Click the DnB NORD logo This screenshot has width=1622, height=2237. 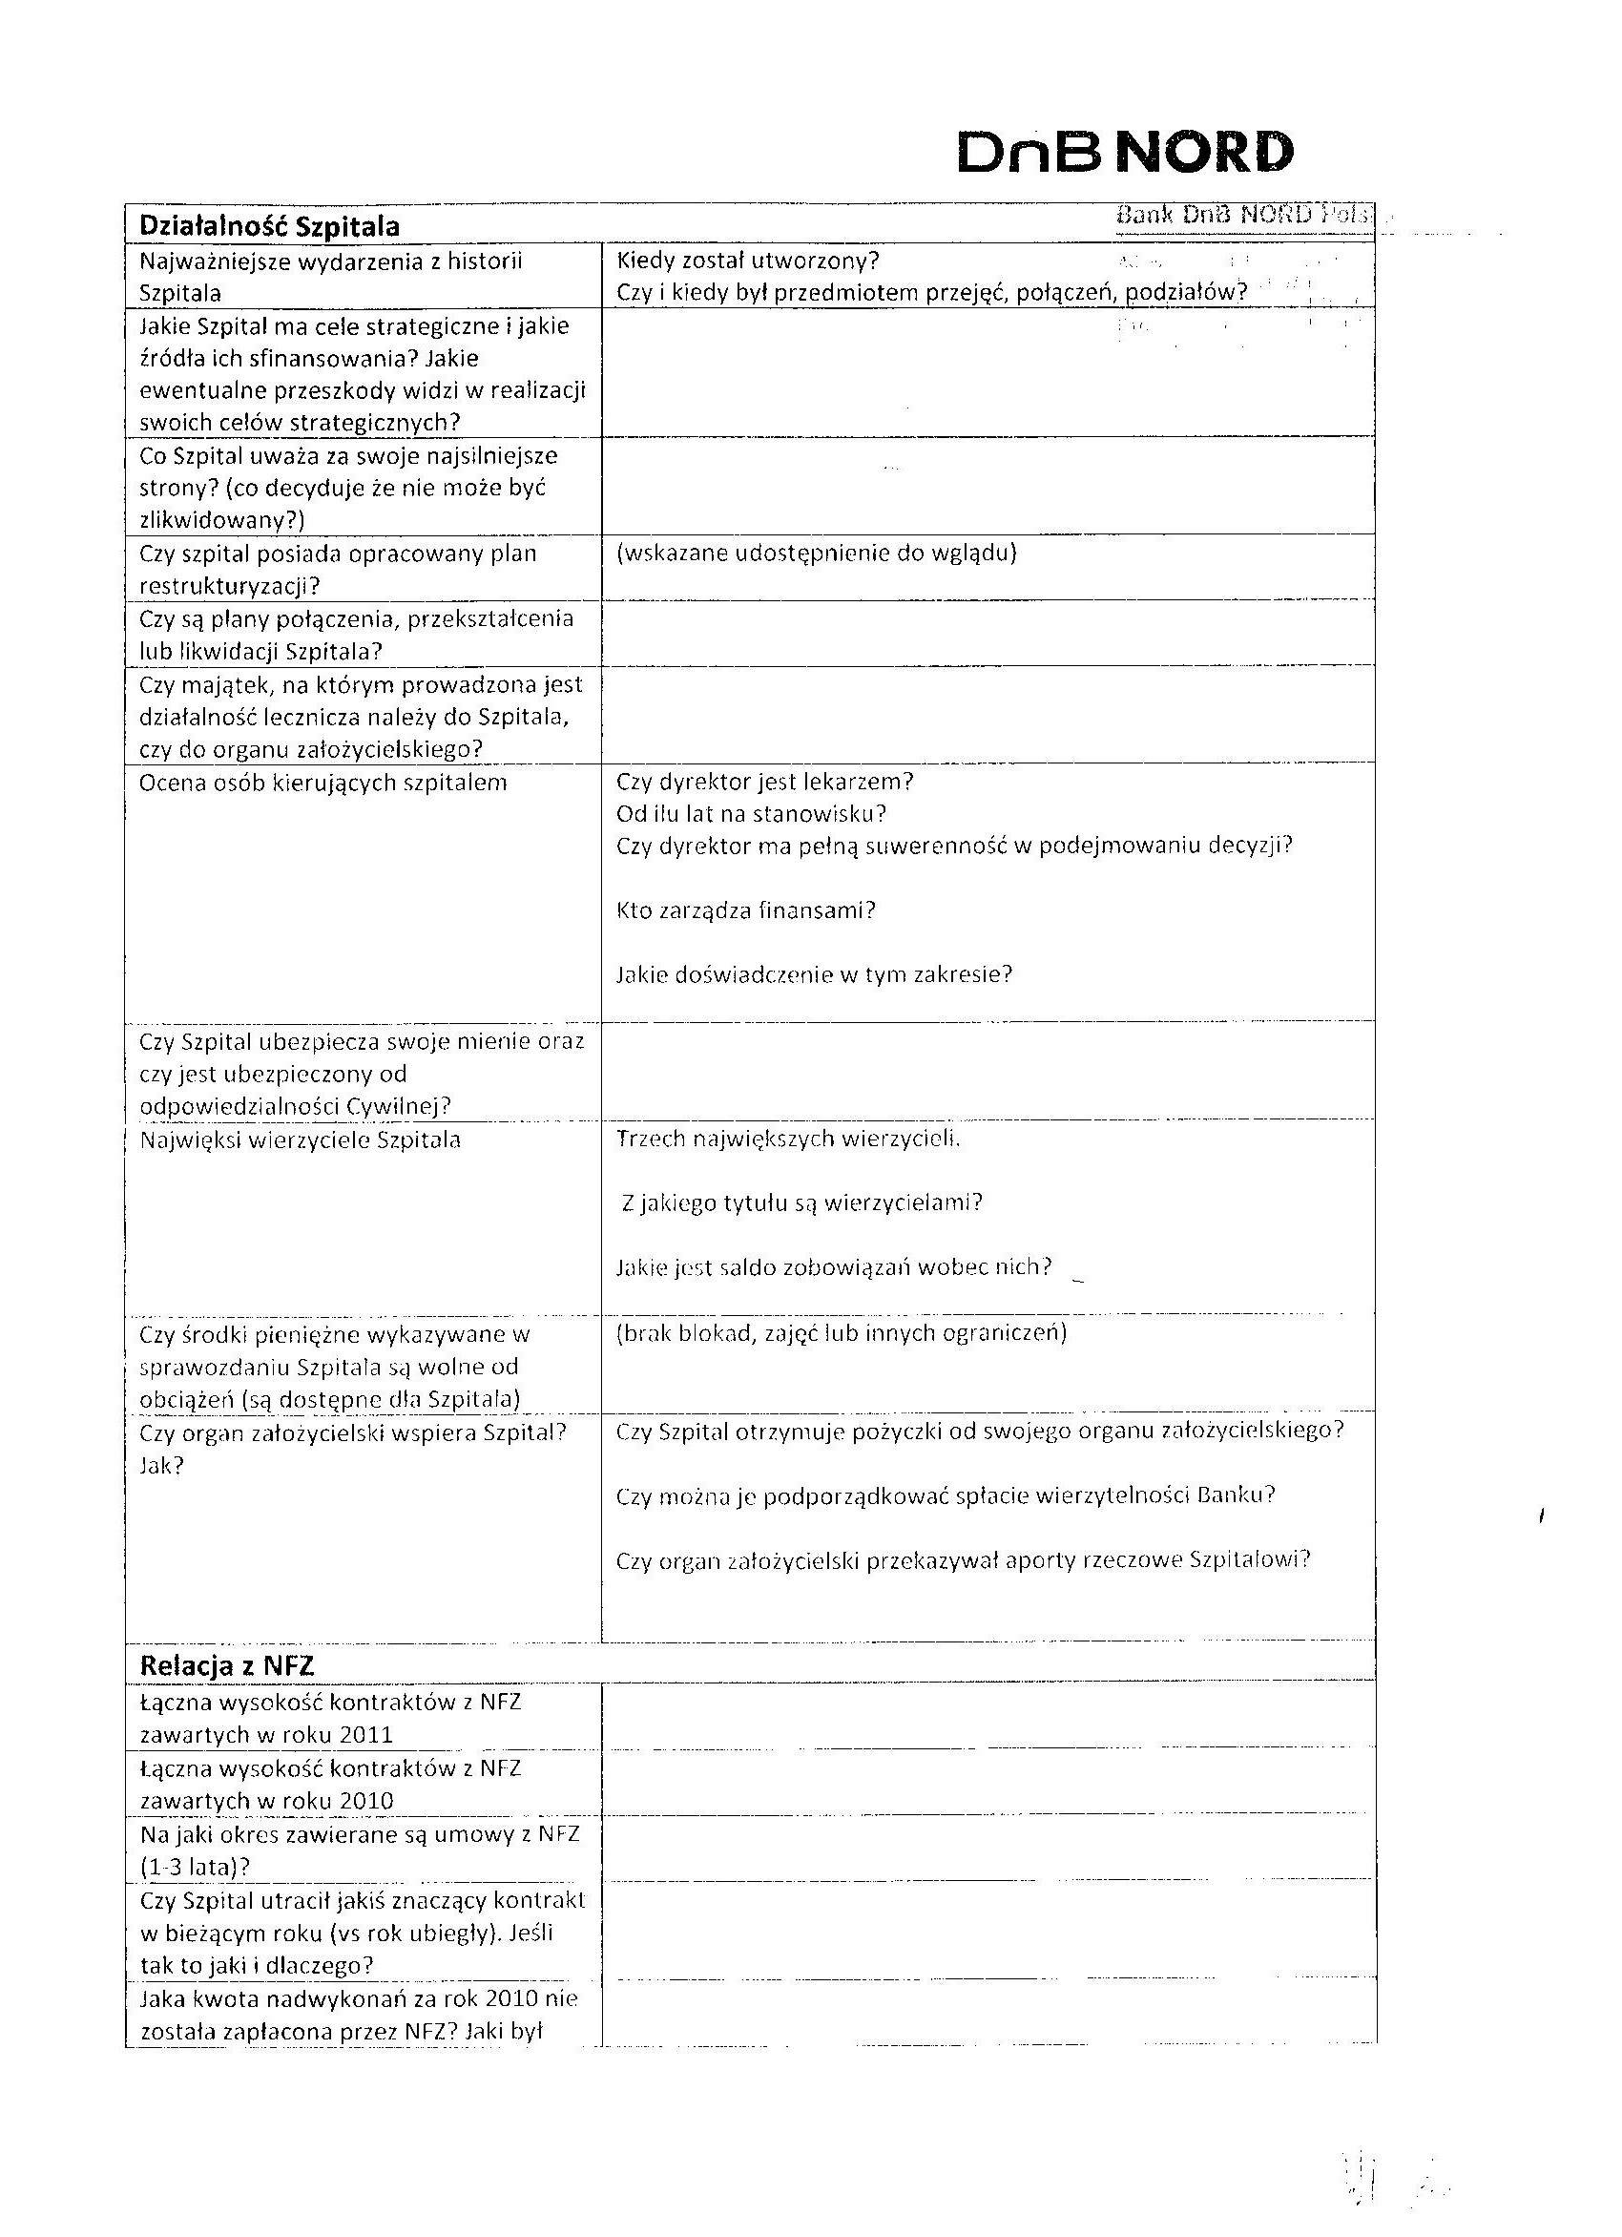point(1124,152)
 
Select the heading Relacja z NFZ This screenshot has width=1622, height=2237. point(227,1665)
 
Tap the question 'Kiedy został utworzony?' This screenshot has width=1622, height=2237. point(747,261)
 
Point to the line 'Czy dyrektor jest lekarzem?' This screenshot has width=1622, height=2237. point(764,782)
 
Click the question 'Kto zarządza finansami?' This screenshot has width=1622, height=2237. point(745,909)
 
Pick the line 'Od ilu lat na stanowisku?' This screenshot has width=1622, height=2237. point(751,814)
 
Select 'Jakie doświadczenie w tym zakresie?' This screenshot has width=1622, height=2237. point(815,974)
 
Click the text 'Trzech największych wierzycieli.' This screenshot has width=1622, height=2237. point(788,1139)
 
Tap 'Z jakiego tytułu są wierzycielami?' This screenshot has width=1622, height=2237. point(802,1202)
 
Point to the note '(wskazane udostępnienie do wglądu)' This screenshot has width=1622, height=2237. point(817,553)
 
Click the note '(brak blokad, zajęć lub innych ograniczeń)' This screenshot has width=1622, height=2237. point(842,1332)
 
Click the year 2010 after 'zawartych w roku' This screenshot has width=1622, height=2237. point(365,1800)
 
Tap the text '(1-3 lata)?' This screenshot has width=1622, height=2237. point(195,1866)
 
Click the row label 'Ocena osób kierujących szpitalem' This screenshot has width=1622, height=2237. point(323,783)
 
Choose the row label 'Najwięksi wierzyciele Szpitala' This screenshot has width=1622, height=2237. point(300,1140)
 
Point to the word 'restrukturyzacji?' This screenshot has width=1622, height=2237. point(230,586)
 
